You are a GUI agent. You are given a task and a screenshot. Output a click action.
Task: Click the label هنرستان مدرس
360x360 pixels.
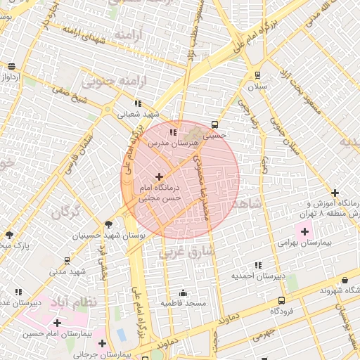(x=173, y=143)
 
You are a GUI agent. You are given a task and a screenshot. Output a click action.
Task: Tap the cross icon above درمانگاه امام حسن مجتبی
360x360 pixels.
(x=159, y=176)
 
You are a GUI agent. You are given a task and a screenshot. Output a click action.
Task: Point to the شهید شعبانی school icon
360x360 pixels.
(x=138, y=103)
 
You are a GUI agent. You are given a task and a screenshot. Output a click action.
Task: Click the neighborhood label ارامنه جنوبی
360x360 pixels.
(x=115, y=81)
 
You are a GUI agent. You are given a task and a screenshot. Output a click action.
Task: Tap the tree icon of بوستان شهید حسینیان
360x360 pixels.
(x=108, y=224)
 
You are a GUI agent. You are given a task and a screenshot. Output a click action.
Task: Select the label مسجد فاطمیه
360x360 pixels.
(x=183, y=303)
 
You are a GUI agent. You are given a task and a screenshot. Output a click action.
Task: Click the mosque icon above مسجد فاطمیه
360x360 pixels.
(x=184, y=292)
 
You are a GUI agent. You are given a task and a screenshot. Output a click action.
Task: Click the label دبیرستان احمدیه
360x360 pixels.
(x=258, y=276)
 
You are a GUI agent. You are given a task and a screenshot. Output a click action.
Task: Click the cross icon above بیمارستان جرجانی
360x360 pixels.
(x=103, y=344)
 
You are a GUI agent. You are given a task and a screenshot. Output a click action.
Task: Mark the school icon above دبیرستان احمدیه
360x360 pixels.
(x=258, y=265)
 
